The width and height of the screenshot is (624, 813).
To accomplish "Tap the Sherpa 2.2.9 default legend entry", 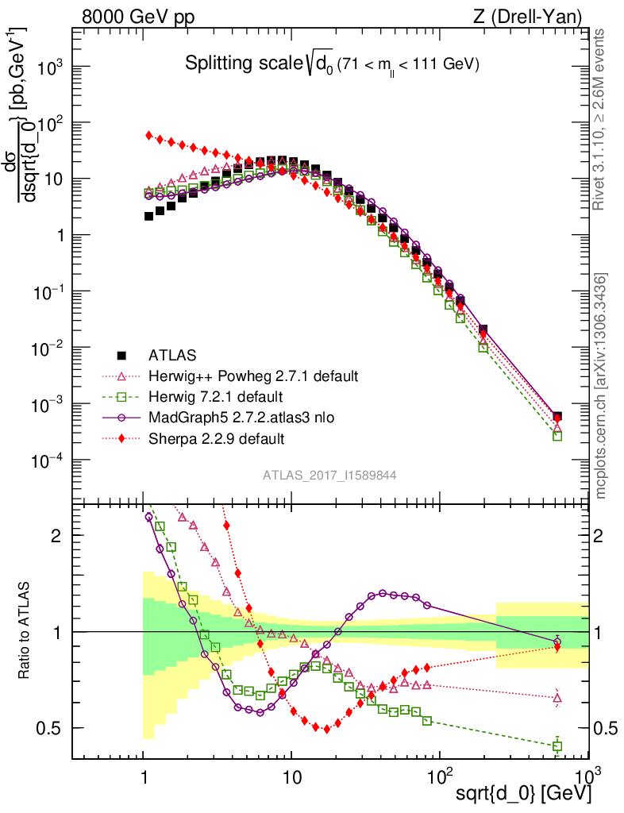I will [x=217, y=437].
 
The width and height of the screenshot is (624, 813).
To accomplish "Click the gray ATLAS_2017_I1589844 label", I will [x=329, y=475].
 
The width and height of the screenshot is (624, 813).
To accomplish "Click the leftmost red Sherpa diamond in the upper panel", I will [x=149, y=135].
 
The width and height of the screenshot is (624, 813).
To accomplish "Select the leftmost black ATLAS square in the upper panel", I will [x=149, y=216].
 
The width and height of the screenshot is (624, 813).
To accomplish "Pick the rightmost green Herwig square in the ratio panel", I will [x=557, y=746].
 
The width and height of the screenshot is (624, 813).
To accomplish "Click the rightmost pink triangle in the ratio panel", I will [x=557, y=699].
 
